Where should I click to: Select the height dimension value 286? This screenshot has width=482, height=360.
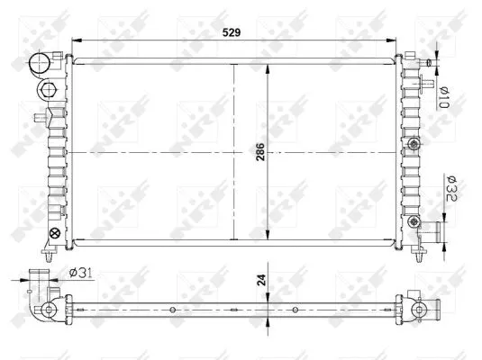(x=260, y=153)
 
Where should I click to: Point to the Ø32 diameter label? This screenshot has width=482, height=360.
(x=450, y=192)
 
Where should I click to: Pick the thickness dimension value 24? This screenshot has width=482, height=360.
(x=260, y=279)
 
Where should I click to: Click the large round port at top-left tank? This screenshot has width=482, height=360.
(x=41, y=64)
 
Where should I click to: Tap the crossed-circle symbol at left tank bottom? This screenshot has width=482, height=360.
(x=53, y=235)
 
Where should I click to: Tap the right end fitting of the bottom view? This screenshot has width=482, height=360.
(x=420, y=310)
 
